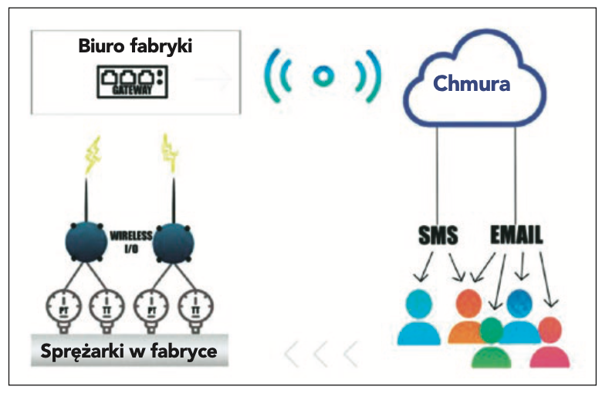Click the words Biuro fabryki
point(135,45)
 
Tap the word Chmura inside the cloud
point(472,82)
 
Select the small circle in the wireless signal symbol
point(323,76)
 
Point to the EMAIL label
point(516,233)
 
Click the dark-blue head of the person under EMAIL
point(519,301)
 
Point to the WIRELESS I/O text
point(132,240)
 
